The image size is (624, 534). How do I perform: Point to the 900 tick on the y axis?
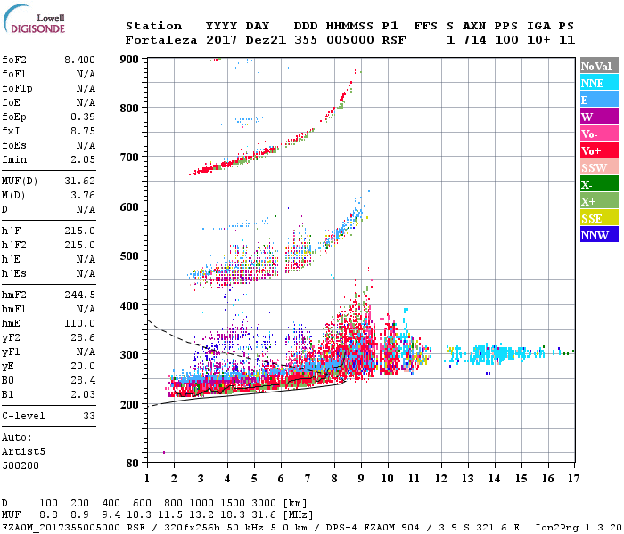click(x=131, y=59)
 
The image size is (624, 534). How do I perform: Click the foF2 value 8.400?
click(x=79, y=60)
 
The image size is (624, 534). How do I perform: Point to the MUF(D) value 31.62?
click(x=79, y=182)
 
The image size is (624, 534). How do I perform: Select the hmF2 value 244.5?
click(x=79, y=294)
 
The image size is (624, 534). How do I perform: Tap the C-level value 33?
click(x=89, y=416)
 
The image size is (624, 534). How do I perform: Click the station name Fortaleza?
click(x=161, y=40)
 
